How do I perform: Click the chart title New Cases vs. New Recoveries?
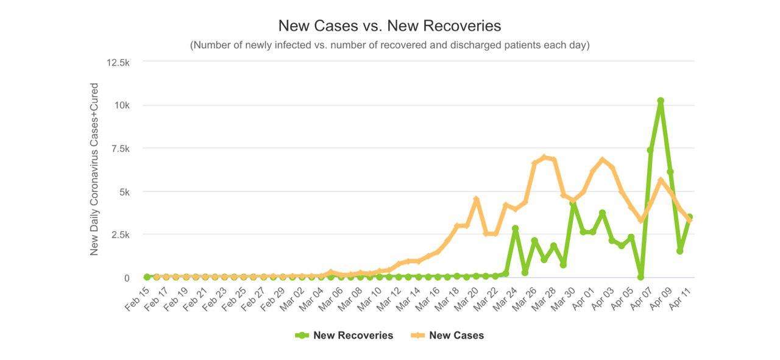pyautogui.click(x=389, y=26)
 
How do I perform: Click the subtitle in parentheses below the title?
pyautogui.click(x=389, y=45)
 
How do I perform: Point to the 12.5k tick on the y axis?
pyautogui.click(x=118, y=62)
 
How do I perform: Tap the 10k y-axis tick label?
pyautogui.click(x=122, y=105)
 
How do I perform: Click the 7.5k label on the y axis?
pyautogui.click(x=119, y=149)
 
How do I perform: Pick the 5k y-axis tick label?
pyautogui.click(x=124, y=192)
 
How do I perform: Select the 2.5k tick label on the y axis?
pyautogui.click(x=119, y=235)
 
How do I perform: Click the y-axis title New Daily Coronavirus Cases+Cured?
pyautogui.click(x=94, y=169)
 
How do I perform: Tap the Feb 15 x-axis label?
pyautogui.click(x=138, y=299)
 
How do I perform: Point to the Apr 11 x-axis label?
pyautogui.click(x=680, y=299)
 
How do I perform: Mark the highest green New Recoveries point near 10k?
pyautogui.click(x=661, y=101)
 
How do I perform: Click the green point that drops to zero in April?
pyautogui.click(x=640, y=277)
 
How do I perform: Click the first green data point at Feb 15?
pyautogui.click(x=147, y=277)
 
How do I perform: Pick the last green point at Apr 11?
pyautogui.click(x=689, y=217)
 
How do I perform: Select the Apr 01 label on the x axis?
pyautogui.click(x=583, y=299)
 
